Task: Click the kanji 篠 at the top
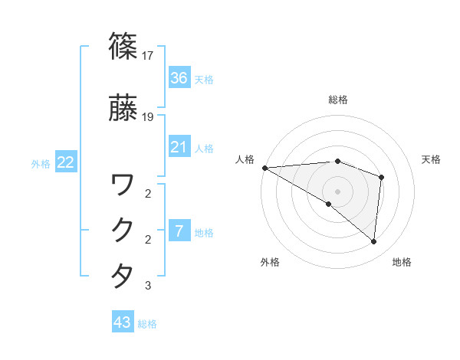coord(123,46)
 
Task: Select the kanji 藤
coord(123,107)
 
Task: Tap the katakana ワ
coord(123,185)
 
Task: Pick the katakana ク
coord(123,230)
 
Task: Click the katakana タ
coord(123,276)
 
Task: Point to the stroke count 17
coord(149,56)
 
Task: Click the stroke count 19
coord(149,117)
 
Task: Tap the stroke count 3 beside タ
coord(148,286)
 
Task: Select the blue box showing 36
coord(179,78)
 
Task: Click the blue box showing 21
coord(179,147)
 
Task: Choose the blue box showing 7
coord(179,231)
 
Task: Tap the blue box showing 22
coord(65,162)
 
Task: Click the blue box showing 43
coord(122,322)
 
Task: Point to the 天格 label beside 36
coord(204,80)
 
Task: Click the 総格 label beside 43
coord(147,324)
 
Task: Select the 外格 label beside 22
coord(41,163)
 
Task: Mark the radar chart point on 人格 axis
coord(264,167)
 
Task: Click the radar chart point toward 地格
coord(373,242)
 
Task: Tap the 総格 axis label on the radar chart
coord(338,100)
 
